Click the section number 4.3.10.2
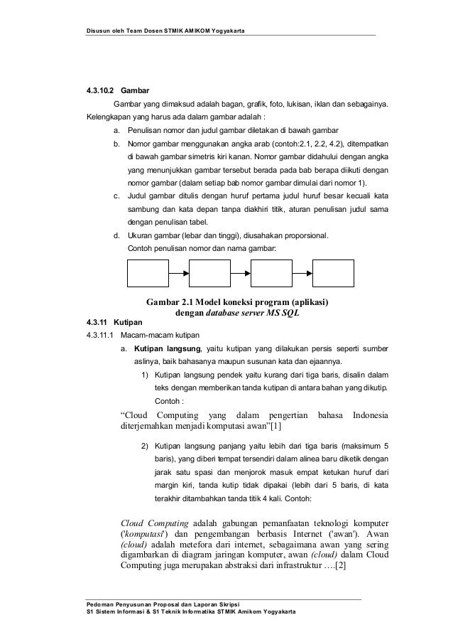pos(99,91)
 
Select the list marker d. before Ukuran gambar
pos(116,235)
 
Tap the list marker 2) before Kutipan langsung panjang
pos(144,446)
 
